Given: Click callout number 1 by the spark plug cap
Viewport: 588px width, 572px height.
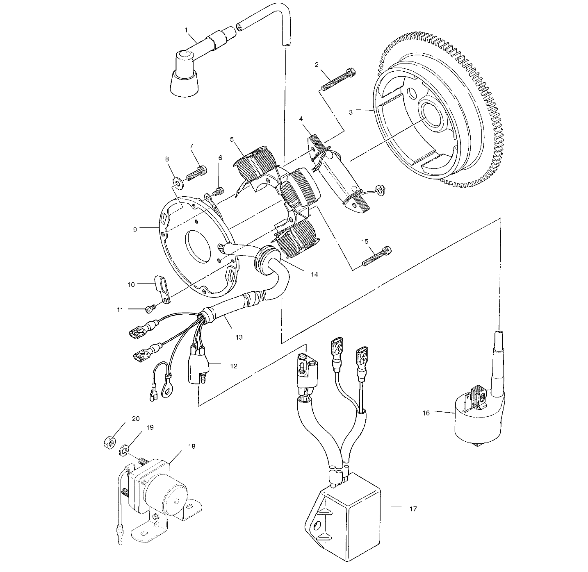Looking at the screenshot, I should [186, 30].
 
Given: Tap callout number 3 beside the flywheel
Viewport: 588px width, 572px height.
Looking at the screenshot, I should [351, 112].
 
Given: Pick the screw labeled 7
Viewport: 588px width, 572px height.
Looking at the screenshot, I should [197, 173].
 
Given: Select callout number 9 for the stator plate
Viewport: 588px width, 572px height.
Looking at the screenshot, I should [135, 230].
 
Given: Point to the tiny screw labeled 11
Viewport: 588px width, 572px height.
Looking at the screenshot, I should [150, 307].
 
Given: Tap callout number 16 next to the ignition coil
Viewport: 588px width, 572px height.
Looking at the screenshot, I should [426, 413].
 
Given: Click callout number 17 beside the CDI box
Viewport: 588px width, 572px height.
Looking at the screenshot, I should [413, 508].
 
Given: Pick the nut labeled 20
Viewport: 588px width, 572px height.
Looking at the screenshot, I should [108, 443].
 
